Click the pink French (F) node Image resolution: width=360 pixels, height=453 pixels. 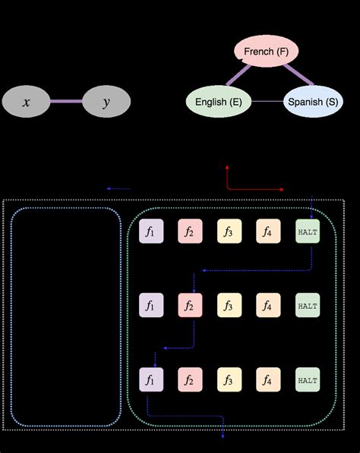coord(266,52)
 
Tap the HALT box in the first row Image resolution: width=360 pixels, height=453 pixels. coord(308,231)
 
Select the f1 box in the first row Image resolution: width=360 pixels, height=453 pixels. coord(150,231)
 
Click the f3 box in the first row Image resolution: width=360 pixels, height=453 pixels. coord(229,231)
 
